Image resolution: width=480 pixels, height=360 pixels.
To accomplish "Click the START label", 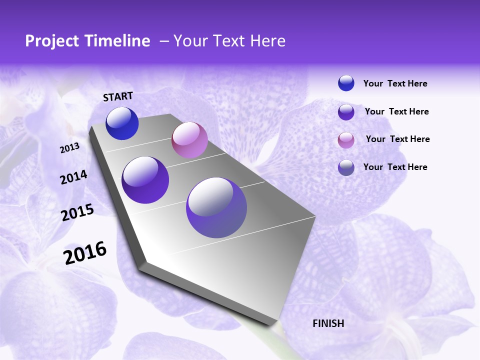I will click(118, 96).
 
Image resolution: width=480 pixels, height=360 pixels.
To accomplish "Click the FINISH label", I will click(328, 323).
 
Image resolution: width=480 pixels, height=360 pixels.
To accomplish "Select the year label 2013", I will click(69, 148).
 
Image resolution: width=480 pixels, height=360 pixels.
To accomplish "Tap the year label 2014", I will click(73, 177).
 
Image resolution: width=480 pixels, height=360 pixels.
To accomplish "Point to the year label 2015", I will click(77, 212).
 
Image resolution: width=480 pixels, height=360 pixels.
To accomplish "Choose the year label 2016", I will click(85, 253).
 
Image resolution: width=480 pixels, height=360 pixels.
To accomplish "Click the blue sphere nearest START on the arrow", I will click(122, 123).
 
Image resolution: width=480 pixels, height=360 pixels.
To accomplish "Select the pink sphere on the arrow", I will click(189, 140).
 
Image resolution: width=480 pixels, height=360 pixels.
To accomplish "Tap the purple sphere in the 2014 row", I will click(145, 180).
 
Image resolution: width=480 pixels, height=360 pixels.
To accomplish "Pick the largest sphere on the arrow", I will click(216, 207).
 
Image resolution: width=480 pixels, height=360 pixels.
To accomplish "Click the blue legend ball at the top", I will click(346, 83).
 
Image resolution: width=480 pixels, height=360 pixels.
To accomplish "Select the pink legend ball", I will click(346, 140).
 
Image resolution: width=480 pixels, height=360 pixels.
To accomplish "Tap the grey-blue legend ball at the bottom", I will click(346, 167).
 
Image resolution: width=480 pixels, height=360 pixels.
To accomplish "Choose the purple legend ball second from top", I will click(346, 112).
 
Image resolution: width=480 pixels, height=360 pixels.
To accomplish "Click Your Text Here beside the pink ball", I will click(397, 139).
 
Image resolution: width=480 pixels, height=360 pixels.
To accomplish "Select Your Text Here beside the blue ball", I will click(395, 83).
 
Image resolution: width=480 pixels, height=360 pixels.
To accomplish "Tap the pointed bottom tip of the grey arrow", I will click(274, 324).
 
